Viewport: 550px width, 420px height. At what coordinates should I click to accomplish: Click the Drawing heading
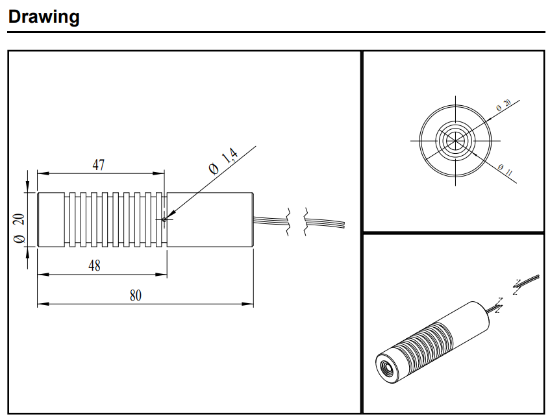[x=44, y=16]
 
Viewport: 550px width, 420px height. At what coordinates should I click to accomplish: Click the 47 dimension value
[x=98, y=165]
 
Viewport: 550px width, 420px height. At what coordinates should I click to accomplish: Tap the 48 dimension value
[x=95, y=266]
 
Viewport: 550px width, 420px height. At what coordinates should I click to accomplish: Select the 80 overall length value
[x=135, y=295]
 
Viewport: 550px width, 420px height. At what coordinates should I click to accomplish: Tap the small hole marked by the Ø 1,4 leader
[x=164, y=219]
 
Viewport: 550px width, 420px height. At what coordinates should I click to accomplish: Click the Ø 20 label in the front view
[x=503, y=106]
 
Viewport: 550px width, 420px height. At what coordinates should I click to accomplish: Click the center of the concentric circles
[x=454, y=140]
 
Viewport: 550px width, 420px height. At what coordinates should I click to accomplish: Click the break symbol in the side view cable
[x=298, y=222]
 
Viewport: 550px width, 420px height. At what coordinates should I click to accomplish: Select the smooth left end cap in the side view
[x=50, y=219]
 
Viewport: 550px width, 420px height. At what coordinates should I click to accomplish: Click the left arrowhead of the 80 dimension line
[x=40, y=303]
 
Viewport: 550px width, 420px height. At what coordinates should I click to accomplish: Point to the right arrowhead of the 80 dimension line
[x=250, y=303]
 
